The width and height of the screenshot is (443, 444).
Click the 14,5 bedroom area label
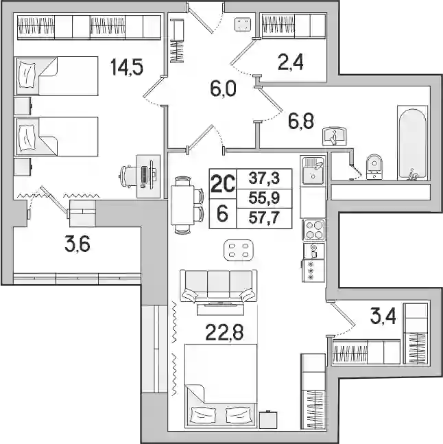coord(127,67)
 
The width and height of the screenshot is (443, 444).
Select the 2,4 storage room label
coord(291,62)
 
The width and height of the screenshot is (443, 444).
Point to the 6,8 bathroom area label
coord(301,121)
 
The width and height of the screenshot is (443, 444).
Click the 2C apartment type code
coord(222,184)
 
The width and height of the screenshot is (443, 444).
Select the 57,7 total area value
coord(264,218)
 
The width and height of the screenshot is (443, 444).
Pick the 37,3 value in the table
coord(264,178)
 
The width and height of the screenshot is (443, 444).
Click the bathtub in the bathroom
coord(412,143)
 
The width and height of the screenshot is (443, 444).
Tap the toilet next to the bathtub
coord(374,167)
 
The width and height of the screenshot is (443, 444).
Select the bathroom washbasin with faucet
coord(335,137)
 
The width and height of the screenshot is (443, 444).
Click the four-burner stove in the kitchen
coord(313,230)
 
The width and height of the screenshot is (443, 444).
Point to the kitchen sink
coord(313,170)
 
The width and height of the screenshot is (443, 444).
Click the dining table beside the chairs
coord(182,205)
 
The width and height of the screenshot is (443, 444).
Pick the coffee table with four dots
coord(238,250)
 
